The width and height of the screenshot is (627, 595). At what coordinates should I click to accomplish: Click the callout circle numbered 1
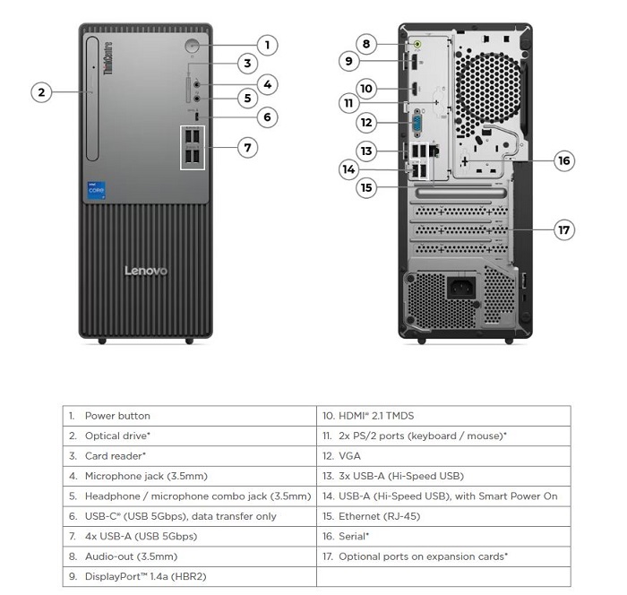pos(267,44)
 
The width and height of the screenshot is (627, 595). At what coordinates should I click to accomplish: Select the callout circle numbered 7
pos(249,147)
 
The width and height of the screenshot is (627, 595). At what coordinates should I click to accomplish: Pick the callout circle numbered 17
pos(563,230)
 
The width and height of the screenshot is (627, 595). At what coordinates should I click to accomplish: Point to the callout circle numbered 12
pos(365,122)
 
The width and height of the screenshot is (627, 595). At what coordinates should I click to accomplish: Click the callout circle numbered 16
pos(563,160)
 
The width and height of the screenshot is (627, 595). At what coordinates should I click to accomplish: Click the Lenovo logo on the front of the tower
pos(145,271)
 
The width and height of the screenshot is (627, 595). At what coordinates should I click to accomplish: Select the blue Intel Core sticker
pos(96,191)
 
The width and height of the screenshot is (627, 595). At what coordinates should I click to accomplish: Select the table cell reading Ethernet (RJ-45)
pos(443,516)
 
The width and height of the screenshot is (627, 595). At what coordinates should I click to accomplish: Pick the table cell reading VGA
pos(443,456)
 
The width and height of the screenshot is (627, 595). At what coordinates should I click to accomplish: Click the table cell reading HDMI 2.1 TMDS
pos(443,416)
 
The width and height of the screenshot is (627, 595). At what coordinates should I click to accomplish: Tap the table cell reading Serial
pos(443,536)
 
